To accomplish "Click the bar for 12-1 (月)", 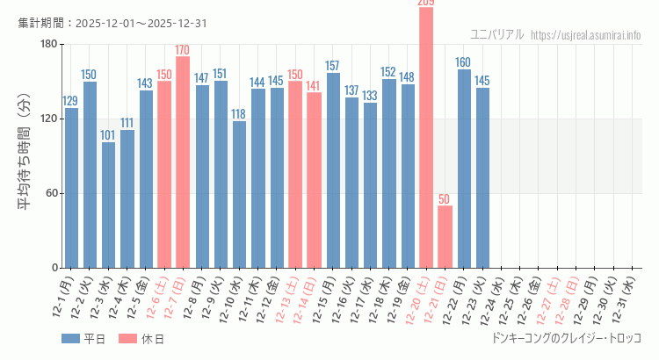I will pos(71,188).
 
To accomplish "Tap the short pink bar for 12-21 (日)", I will pos(445,236).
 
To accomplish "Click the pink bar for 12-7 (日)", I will pos(183,162).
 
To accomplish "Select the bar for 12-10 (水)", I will pos(239,194).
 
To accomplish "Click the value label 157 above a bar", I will pos(332,66).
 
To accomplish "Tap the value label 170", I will pos(183,49).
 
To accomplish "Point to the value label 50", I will pos(445,198).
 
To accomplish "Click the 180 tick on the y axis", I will pos(48,44).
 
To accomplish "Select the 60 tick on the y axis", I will pos(51,193).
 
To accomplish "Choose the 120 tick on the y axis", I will pos(48,119).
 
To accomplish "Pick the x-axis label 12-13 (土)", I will pos(288,299).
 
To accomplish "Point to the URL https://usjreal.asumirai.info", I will pos(586,34).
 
